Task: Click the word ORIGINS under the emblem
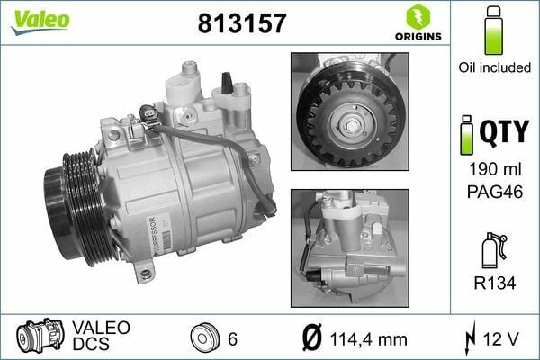coord(417,37)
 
